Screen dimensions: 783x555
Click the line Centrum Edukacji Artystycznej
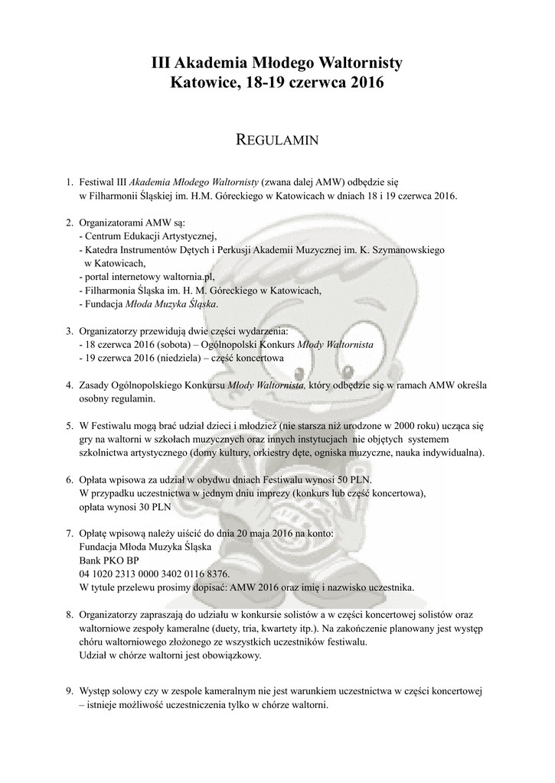pyautogui.click(x=152, y=236)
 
